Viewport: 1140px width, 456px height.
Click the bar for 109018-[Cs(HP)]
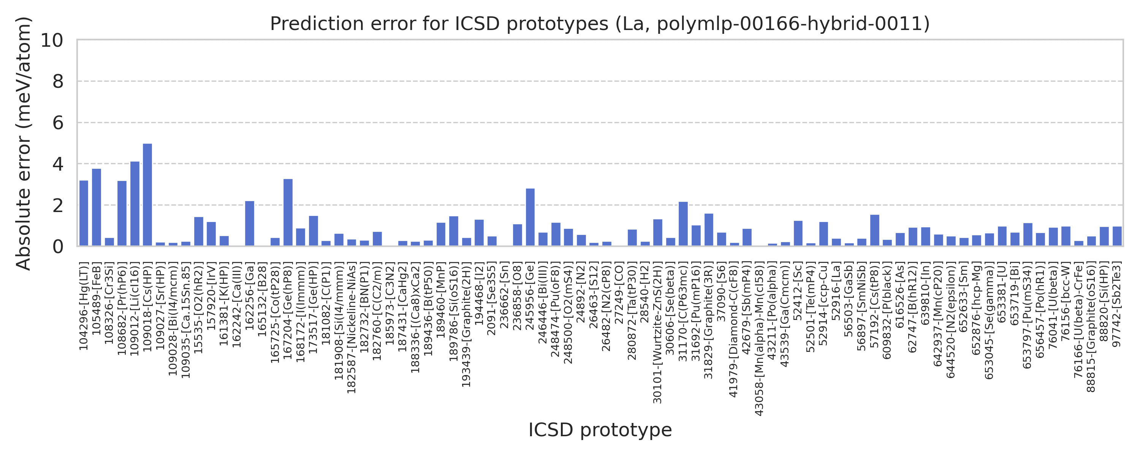coord(147,195)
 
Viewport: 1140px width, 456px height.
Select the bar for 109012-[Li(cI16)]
coord(135,204)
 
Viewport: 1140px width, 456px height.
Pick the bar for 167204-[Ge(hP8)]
coord(288,212)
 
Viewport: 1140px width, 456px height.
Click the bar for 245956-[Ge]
coord(530,217)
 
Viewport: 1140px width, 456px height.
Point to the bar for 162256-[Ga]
coord(250,223)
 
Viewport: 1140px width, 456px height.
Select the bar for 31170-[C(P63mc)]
coord(683,223)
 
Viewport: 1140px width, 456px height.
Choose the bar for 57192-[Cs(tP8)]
coord(874,230)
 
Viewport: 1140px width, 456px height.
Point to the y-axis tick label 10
coord(52,40)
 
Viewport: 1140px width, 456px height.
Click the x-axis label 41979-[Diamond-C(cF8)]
coord(734,330)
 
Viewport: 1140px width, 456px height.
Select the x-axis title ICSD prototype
coord(600,430)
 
